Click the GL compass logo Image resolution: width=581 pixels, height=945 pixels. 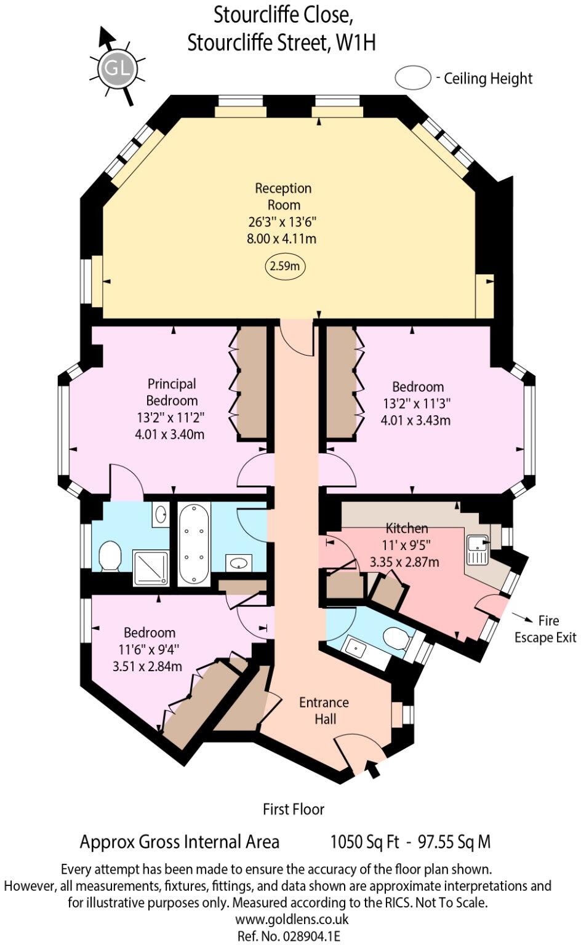tap(118, 68)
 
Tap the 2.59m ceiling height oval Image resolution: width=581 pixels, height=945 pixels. tap(286, 266)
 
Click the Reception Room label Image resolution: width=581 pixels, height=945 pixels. tap(283, 196)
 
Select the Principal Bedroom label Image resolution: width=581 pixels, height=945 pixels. tap(172, 392)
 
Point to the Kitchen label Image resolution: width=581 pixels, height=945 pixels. tap(407, 528)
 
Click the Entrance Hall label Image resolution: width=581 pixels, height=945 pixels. tap(324, 711)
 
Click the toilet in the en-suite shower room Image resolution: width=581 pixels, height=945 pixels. tap(110, 556)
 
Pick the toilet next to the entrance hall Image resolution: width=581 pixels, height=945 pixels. tap(396, 638)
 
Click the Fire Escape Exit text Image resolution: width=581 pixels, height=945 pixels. tap(545, 629)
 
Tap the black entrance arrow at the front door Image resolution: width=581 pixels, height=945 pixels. tap(372, 768)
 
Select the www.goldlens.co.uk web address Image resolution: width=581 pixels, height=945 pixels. tap(292, 919)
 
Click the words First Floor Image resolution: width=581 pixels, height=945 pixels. tap(293, 809)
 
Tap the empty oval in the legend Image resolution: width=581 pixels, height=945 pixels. tap(413, 78)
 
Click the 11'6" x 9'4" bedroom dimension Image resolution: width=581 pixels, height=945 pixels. tap(150, 649)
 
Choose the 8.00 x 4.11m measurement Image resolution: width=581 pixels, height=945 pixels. tap(282, 238)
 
